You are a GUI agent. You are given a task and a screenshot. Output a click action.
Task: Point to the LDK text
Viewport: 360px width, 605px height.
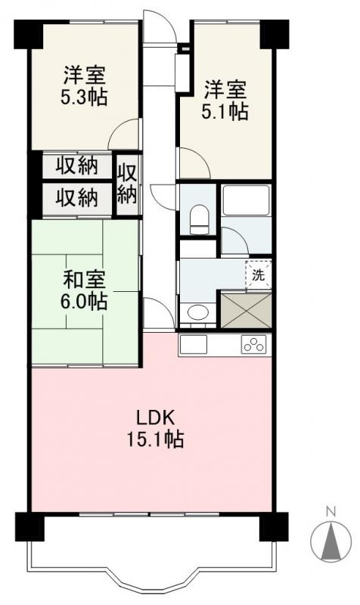coord(156,417)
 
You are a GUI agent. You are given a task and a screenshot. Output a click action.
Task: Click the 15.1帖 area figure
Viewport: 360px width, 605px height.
coord(156,439)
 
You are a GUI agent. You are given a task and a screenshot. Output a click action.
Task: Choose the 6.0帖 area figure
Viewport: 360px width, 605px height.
coord(85,302)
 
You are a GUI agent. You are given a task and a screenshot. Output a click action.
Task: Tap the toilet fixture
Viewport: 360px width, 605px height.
coord(200,216)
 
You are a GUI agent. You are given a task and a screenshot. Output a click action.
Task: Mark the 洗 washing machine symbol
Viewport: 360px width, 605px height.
coord(259,275)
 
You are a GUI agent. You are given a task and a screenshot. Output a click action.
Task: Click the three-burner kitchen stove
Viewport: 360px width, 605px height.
coord(255,344)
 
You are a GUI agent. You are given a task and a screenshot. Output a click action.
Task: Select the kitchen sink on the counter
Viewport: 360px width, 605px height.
coord(193,345)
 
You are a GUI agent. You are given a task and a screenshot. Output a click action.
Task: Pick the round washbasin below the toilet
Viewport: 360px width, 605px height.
coord(198,312)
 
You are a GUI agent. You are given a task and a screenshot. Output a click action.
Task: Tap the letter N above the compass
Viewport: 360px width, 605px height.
coord(331,512)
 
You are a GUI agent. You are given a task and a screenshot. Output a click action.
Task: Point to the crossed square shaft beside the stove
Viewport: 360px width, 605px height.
coord(245,309)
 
